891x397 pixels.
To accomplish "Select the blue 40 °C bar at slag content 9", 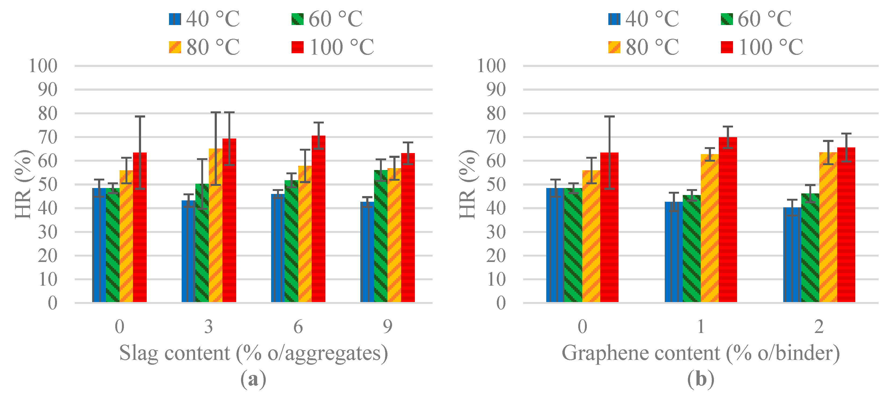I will (367, 253).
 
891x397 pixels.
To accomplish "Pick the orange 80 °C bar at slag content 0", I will (126, 239).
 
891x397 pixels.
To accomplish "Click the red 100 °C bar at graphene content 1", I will (728, 222).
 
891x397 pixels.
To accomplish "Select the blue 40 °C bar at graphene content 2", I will (792, 256).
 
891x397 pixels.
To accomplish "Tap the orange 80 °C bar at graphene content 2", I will (828, 228).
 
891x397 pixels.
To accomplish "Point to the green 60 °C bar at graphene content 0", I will (573, 246).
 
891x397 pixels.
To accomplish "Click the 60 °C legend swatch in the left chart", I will (297, 19).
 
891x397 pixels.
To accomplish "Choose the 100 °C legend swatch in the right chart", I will (727, 47).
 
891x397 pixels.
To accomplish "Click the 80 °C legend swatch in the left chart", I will (175, 47).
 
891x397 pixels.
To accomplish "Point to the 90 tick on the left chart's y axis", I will (48, 90).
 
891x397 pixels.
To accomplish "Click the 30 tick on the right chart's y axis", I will (496, 232).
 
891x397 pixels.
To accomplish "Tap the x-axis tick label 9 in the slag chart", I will (387, 326).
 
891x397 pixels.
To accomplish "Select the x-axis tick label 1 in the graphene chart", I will (701, 326).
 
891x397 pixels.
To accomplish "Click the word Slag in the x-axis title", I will (138, 353).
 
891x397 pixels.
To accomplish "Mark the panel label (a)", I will (253, 379).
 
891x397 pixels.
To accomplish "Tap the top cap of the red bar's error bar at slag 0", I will (140, 117).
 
